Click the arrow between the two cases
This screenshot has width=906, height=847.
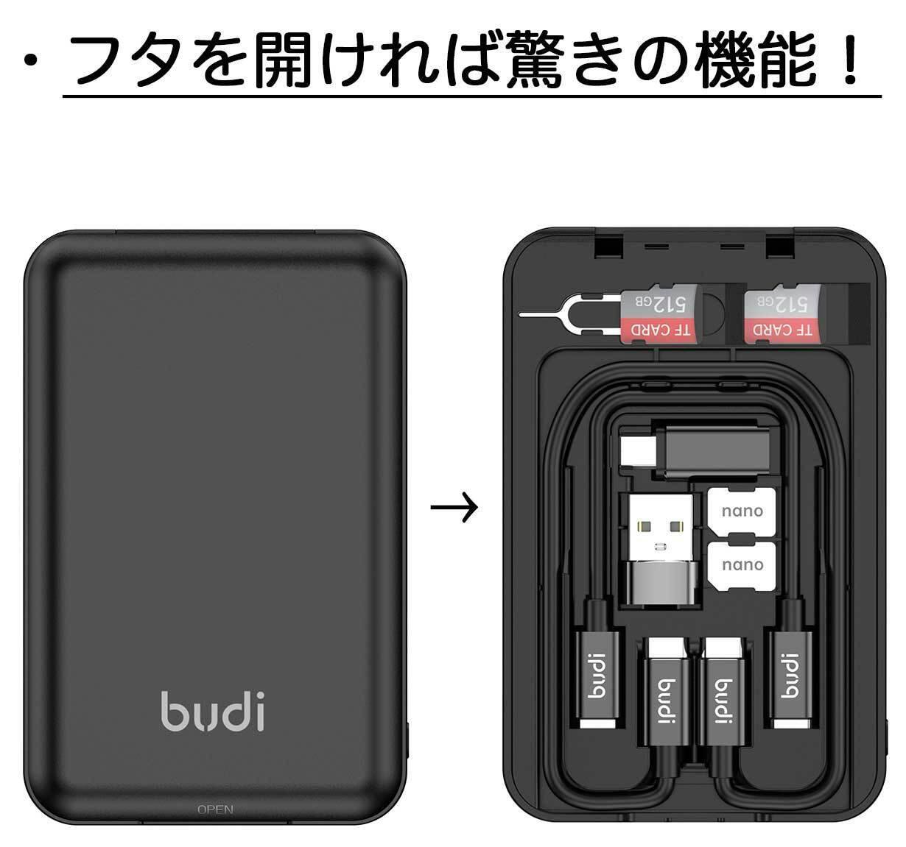click(454, 507)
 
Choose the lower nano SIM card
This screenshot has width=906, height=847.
click(742, 564)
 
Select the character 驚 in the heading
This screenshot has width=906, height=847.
click(480, 63)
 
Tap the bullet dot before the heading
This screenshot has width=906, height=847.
click(30, 62)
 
